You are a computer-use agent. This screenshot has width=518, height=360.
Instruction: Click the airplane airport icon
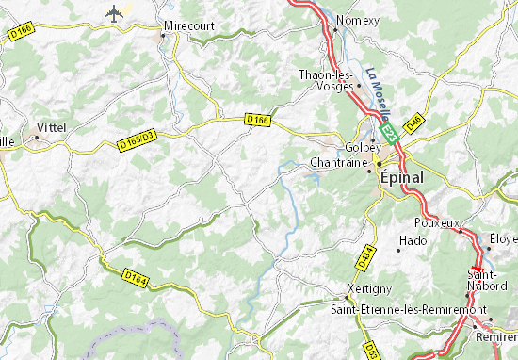coord(116,12)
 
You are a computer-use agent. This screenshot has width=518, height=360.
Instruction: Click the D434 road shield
coord(367,254)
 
